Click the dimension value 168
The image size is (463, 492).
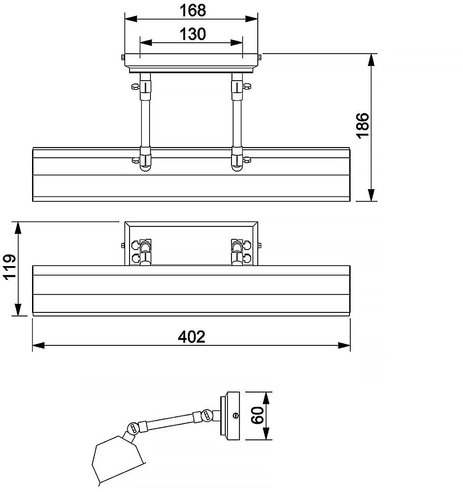(193, 10)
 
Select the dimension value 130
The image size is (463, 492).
(193, 34)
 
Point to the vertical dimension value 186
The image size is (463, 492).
(362, 125)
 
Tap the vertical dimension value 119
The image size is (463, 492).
(9, 266)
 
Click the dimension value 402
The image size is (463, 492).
(191, 336)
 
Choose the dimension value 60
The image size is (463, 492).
(258, 415)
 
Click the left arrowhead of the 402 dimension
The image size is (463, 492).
(38, 345)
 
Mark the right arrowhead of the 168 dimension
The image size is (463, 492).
(252, 19)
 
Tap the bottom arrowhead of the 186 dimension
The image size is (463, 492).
(371, 195)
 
